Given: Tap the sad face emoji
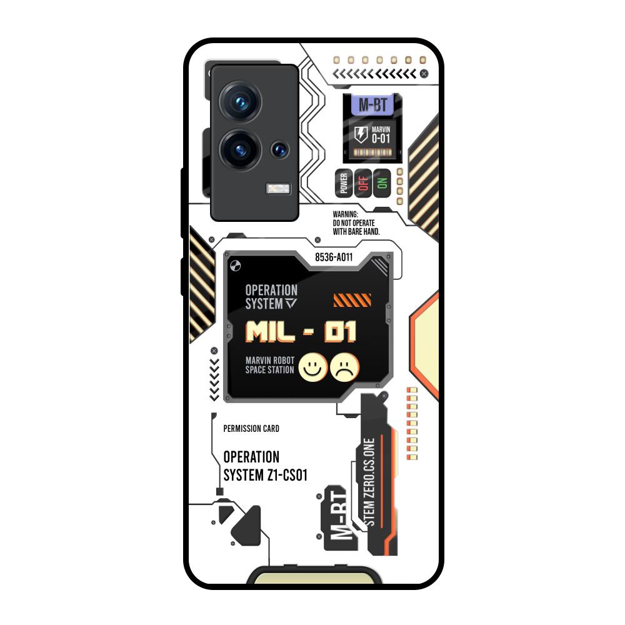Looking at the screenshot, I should point(345,367).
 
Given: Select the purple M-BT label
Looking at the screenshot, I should point(372,105).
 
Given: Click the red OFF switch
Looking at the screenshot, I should point(362,183).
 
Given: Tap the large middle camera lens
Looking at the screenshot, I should point(239,150).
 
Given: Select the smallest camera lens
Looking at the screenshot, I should point(279,149).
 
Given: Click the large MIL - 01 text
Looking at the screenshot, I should point(301,331).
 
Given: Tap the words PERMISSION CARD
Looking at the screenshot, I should point(251,429).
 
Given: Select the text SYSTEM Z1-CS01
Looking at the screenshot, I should point(266,476).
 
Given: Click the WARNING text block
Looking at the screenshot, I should point(356,222).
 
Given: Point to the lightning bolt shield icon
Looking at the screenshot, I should point(361,134).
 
